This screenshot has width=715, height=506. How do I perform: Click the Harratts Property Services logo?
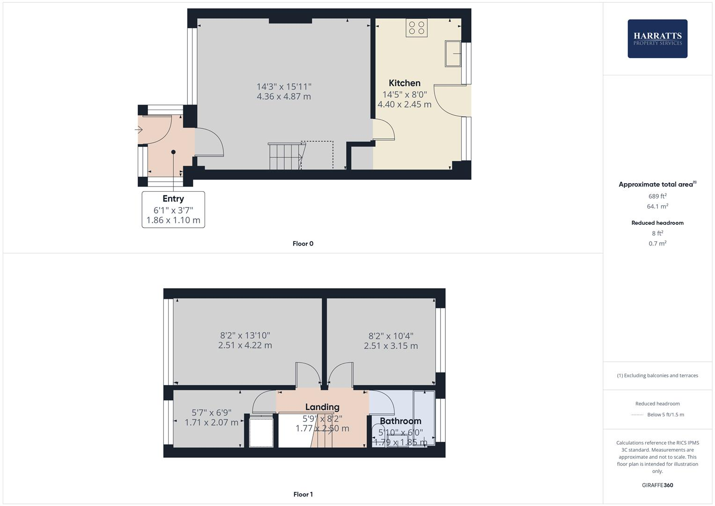click(657, 38)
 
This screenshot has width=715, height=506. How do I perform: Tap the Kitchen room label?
click(405, 83)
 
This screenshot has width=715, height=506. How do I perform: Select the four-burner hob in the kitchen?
click(416, 28)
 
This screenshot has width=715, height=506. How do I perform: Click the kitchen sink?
click(453, 53)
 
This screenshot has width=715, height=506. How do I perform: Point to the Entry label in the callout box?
click(173, 199)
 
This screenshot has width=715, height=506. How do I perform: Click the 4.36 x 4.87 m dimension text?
click(284, 97)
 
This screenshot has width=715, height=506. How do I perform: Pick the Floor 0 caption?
click(303, 244)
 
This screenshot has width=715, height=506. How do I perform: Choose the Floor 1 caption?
click(303, 494)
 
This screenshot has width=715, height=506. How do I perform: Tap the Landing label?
click(322, 407)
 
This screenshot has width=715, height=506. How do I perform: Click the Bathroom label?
click(400, 421)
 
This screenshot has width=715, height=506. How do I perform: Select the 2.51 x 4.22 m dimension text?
click(245, 345)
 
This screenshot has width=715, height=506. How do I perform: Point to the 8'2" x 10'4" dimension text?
click(391, 335)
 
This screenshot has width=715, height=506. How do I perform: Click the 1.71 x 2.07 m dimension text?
click(212, 423)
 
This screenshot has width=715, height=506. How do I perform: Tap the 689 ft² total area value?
click(657, 196)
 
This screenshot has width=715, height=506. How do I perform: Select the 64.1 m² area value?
click(657, 206)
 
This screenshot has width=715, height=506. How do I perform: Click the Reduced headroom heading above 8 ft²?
click(657, 223)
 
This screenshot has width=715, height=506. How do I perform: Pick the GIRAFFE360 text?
click(657, 485)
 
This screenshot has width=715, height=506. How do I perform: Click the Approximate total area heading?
click(656, 184)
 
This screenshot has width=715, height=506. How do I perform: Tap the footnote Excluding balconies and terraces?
click(657, 375)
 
